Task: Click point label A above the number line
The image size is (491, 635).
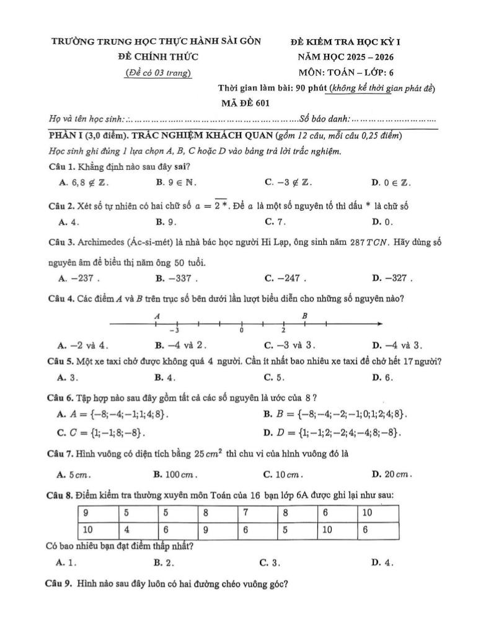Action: click(157, 316)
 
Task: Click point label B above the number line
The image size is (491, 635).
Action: click(304, 316)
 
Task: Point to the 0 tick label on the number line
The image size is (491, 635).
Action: click(242, 331)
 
